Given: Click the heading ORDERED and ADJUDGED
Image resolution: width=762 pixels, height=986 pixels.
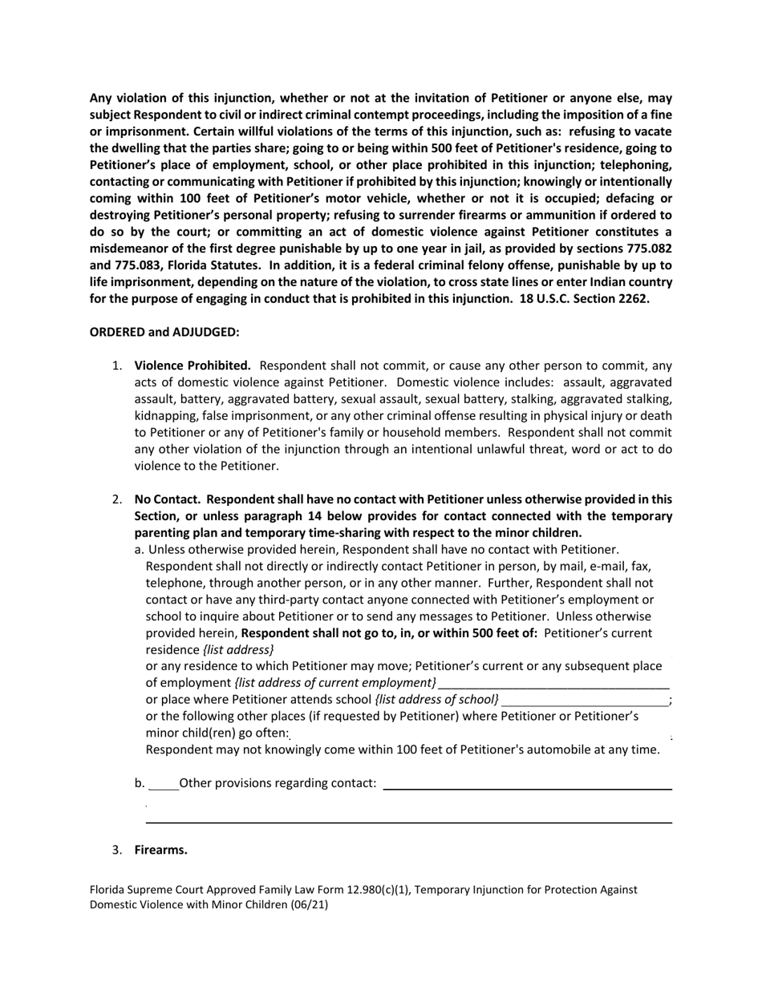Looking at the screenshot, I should point(164,332).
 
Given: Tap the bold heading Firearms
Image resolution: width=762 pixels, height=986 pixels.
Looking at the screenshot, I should point(160,850).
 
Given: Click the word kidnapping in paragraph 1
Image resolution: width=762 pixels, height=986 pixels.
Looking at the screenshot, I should point(165,415).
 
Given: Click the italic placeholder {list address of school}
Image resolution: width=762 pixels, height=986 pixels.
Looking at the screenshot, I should point(436,699).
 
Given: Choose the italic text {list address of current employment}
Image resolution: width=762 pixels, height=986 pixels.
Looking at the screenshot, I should point(335,682).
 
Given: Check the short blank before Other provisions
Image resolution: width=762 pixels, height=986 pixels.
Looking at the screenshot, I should point(164,787).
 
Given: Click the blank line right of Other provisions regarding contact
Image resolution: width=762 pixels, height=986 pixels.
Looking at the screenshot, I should point(527,788).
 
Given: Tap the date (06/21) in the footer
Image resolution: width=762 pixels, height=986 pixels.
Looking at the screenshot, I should point(310,904).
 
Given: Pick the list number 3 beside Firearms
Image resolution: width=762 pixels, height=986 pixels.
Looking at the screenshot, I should point(117,850).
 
